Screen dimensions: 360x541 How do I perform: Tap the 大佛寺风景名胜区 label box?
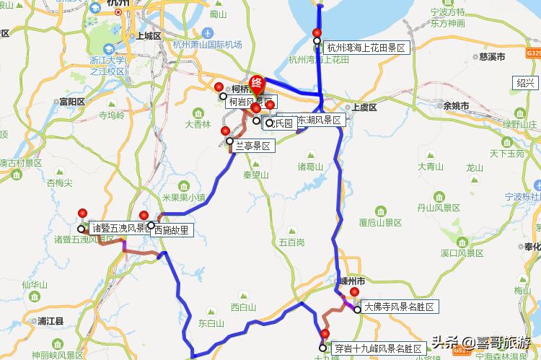pyautogui.click(x=399, y=307)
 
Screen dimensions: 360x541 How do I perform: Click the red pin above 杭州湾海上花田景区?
pyautogui.click(x=317, y=33)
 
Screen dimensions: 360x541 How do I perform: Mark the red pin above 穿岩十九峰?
pyautogui.click(x=325, y=335)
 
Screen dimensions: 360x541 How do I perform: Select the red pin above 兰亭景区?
pyautogui.click(x=226, y=132)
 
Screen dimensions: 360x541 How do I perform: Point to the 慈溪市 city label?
pyautogui.click(x=493, y=56)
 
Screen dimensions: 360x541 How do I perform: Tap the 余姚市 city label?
pyautogui.click(x=456, y=106)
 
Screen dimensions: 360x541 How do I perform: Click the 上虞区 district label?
pyautogui.click(x=364, y=107)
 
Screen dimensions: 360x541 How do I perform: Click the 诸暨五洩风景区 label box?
pyautogui.click(x=118, y=229)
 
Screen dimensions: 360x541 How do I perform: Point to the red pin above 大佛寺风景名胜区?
pyautogui.click(x=354, y=293)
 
